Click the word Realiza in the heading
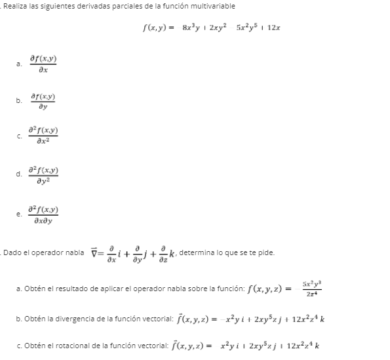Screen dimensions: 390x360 point(14,6)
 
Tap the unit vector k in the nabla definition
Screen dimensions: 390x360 point(172,254)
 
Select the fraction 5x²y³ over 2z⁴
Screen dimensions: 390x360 point(308,287)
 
